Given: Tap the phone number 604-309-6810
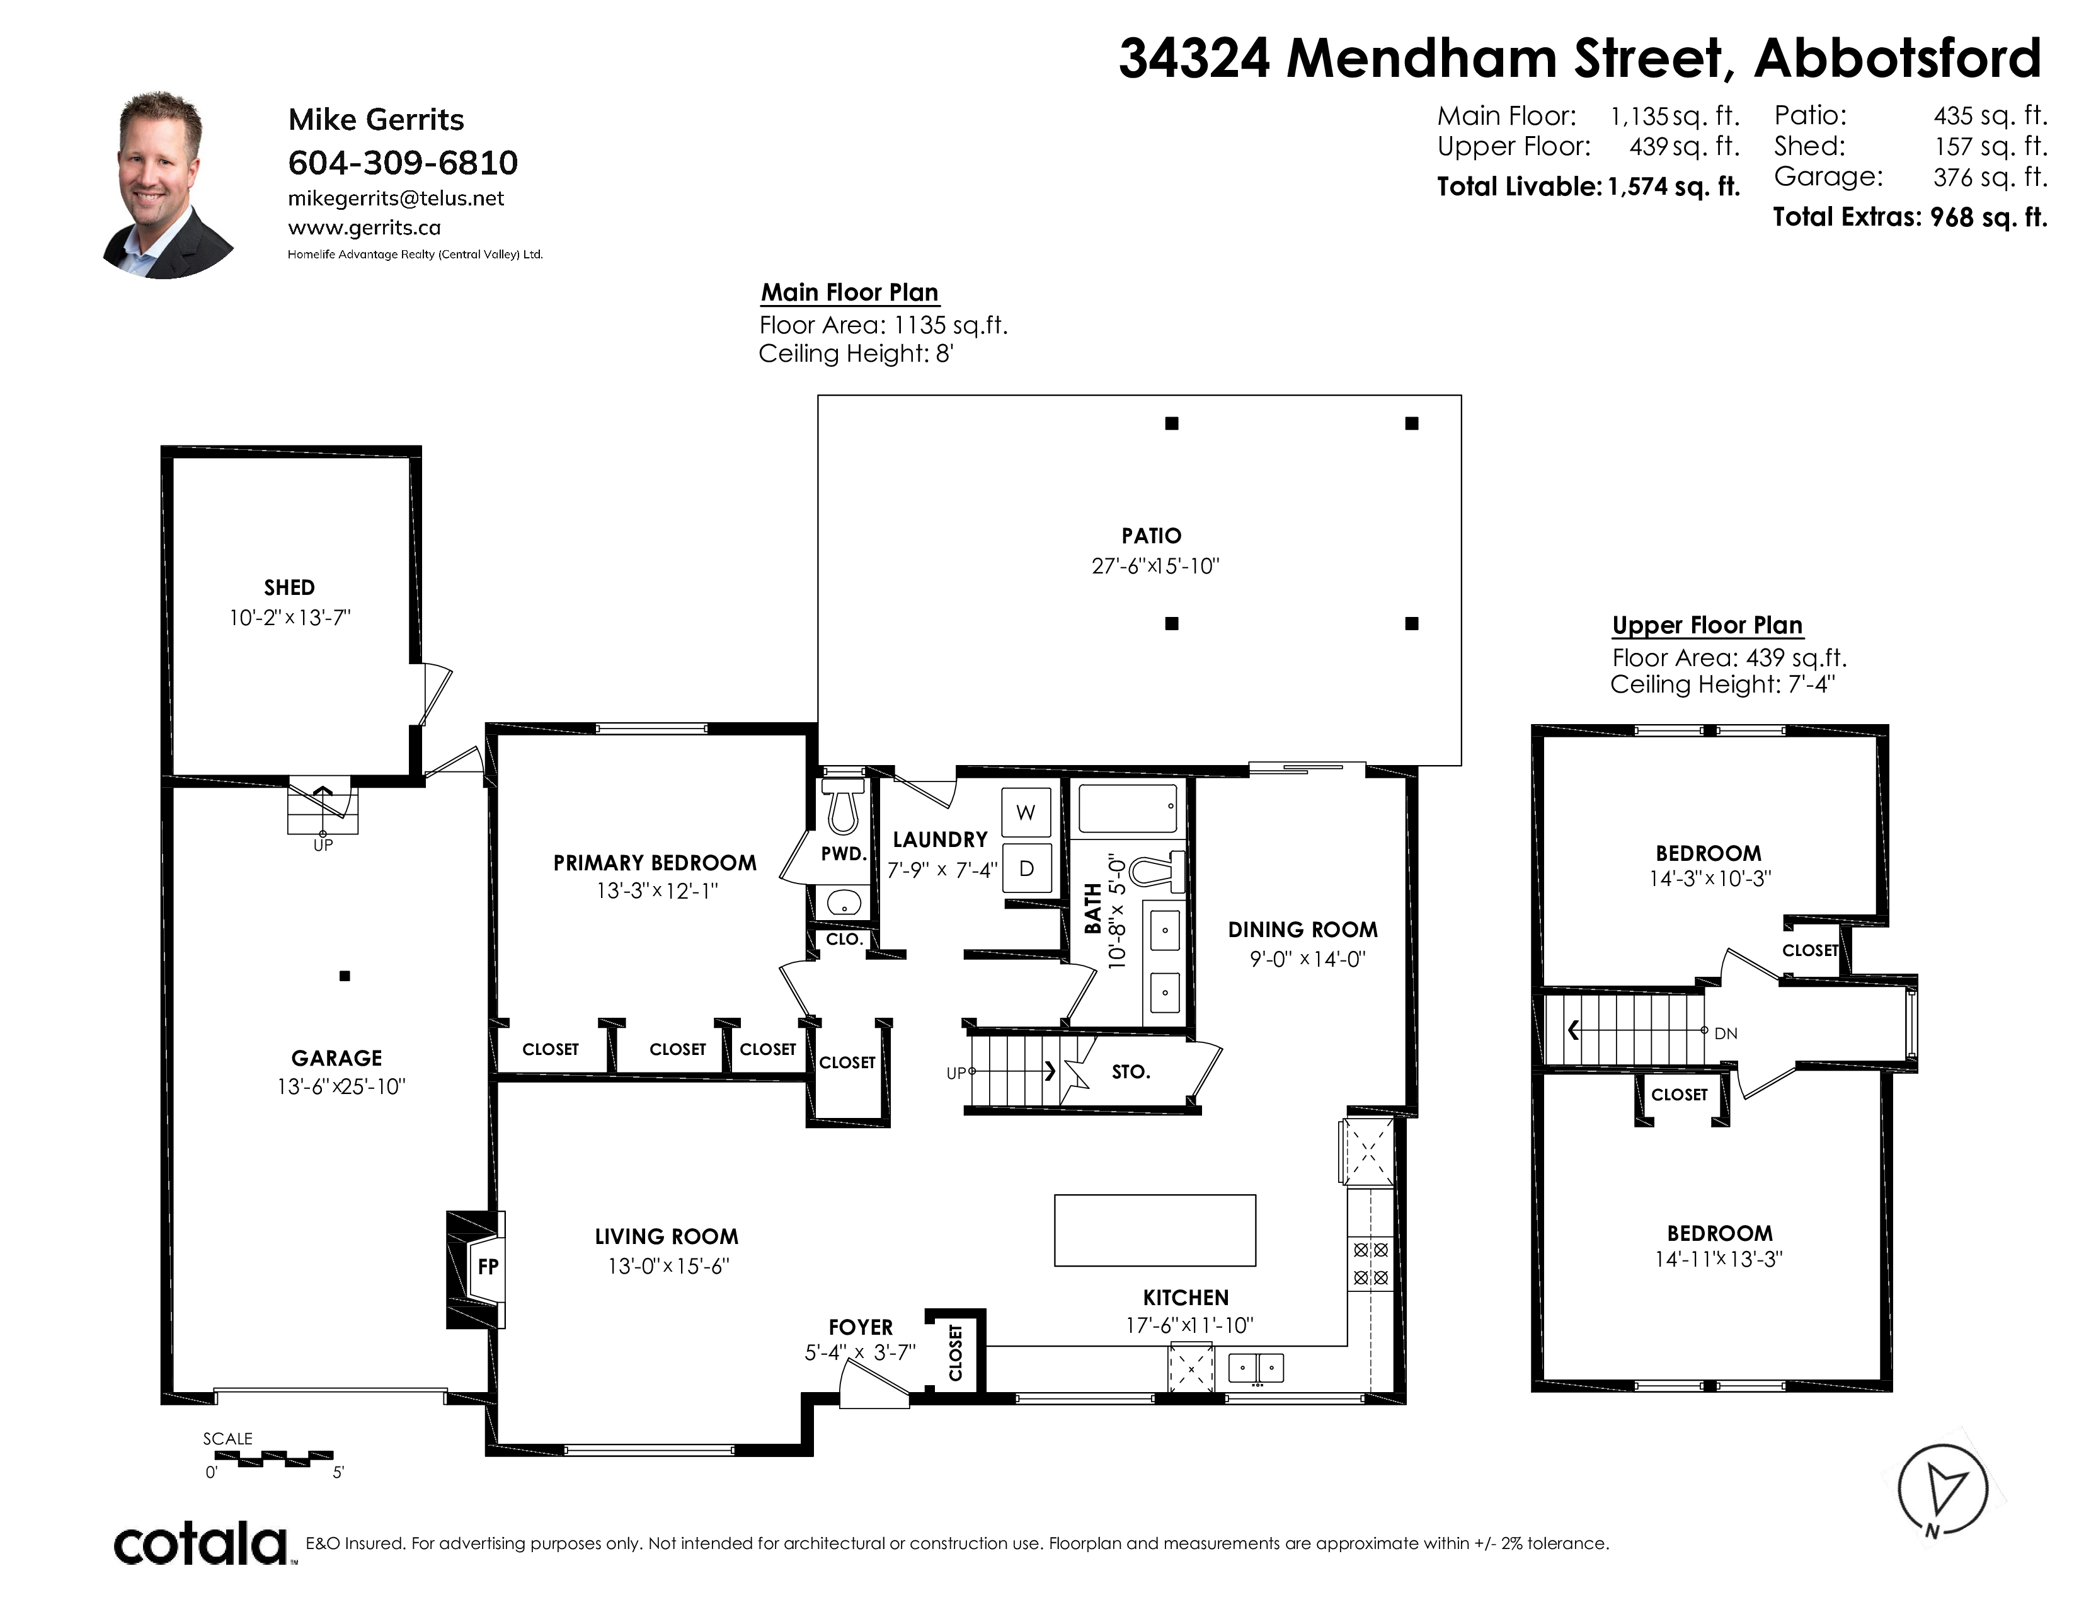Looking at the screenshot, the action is (x=403, y=163).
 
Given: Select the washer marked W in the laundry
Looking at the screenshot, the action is (x=1026, y=812).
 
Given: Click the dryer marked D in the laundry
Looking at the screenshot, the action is (x=1026, y=868).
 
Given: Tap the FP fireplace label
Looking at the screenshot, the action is (x=488, y=1267).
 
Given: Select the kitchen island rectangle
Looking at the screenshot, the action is (x=1155, y=1230).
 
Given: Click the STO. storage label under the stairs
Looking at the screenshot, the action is (x=1131, y=1072).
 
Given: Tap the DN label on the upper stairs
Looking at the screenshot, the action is (x=1726, y=1033).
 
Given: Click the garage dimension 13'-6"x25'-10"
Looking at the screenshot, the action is (x=341, y=1086).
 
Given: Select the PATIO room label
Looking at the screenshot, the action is (x=1151, y=536).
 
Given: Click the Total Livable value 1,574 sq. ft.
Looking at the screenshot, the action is (x=1673, y=187).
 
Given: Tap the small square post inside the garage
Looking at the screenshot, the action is (x=345, y=976).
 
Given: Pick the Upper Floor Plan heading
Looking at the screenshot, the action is (x=1707, y=626).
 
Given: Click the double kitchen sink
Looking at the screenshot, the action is (x=1257, y=1368).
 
